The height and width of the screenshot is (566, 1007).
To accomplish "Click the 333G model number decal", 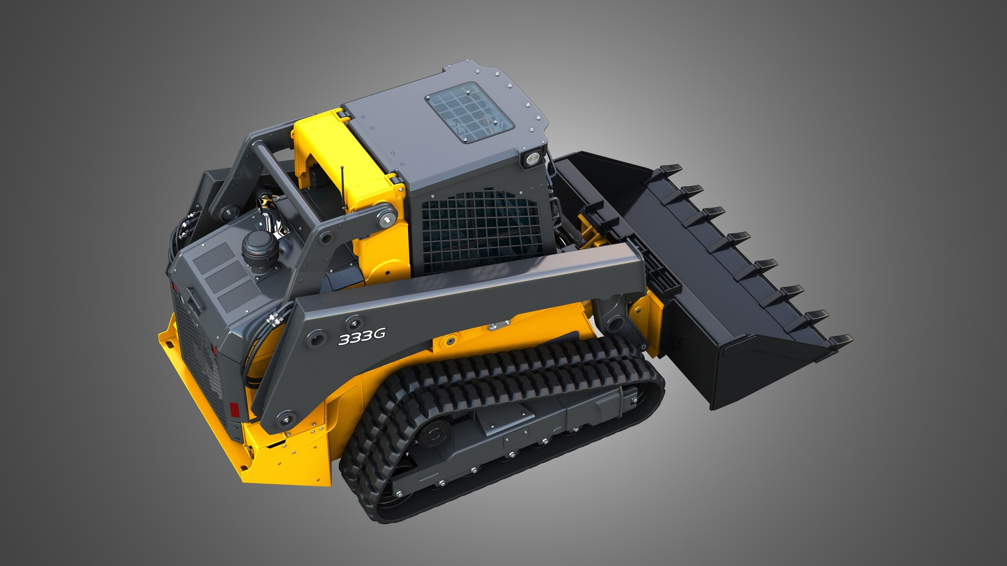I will click(x=362, y=336).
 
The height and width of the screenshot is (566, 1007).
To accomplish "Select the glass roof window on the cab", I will click(x=469, y=113).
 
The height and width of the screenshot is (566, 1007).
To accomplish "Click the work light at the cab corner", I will click(x=533, y=158).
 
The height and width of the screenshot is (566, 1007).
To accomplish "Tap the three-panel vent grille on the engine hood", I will click(x=227, y=275).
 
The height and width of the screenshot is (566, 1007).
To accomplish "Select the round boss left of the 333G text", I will click(x=316, y=339).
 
